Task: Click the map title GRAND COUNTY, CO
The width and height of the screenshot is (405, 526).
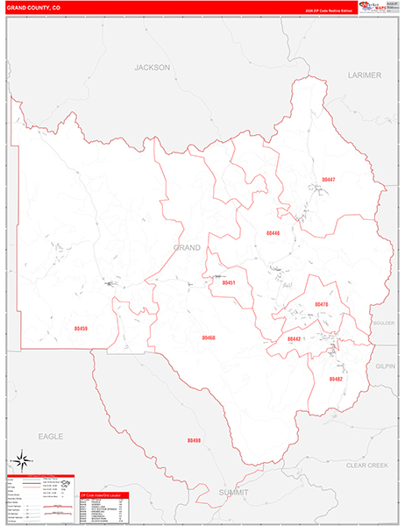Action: pos(34,7)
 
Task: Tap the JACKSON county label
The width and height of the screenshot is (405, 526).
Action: pos(151,67)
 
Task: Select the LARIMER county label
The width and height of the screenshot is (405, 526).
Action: pos(365,75)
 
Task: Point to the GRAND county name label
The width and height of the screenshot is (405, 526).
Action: pos(186,248)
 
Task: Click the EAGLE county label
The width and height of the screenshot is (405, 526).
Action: pos(52,435)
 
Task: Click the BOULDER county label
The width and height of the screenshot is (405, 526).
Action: pos(384,323)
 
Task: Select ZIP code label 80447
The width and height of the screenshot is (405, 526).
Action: pos(329,180)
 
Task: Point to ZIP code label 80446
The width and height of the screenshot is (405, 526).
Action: pos(273,233)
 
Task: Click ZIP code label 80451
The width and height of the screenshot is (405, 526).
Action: pos(229,283)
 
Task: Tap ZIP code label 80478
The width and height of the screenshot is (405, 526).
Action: pos(321,305)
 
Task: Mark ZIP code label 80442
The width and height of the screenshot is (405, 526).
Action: pos(294,338)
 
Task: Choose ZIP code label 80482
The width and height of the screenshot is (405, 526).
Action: pos(335,379)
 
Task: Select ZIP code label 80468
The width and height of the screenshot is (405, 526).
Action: pos(209,338)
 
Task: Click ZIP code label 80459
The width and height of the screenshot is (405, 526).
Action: pos(82,329)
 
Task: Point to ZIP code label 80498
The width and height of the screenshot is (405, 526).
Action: pos(194,440)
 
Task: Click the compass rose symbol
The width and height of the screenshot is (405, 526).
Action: pos(23,459)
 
